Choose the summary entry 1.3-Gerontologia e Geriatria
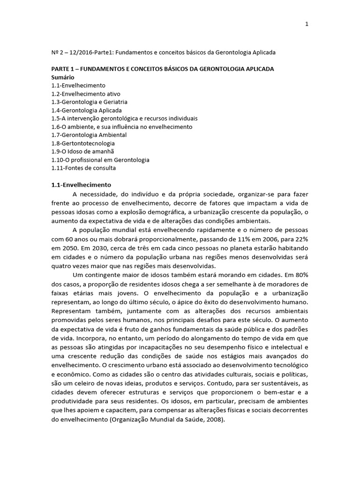coord(89,102)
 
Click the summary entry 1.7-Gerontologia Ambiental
coord(89,135)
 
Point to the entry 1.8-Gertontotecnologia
coord(83,143)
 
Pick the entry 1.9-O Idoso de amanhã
coord(82,151)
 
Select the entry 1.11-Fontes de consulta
coord(83,167)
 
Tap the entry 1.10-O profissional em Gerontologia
coord(100,159)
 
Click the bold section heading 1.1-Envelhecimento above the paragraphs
coord(81,184)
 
